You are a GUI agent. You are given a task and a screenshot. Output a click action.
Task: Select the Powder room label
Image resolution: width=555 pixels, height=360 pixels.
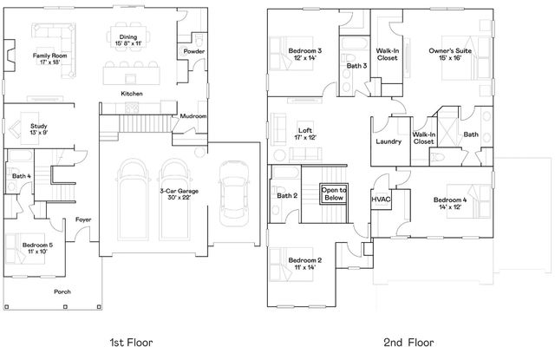coord(194,52)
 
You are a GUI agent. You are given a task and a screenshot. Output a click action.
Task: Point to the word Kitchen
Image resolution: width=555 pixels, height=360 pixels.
coord(132,94)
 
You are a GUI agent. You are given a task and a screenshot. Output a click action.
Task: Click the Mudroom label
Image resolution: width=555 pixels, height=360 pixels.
coord(193,115)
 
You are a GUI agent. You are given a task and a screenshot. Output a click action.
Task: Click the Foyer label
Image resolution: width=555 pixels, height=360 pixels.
coord(83,219)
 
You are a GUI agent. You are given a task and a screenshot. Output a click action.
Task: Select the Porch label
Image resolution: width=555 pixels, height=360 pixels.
coord(62,291)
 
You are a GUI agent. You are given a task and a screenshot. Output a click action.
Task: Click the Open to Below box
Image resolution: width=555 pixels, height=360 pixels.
coord(334,193)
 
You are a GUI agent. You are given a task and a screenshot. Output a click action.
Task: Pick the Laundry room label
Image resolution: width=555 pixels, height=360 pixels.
coord(388,141)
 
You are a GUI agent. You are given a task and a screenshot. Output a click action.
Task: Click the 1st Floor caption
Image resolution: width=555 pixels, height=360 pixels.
coord(131,343)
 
